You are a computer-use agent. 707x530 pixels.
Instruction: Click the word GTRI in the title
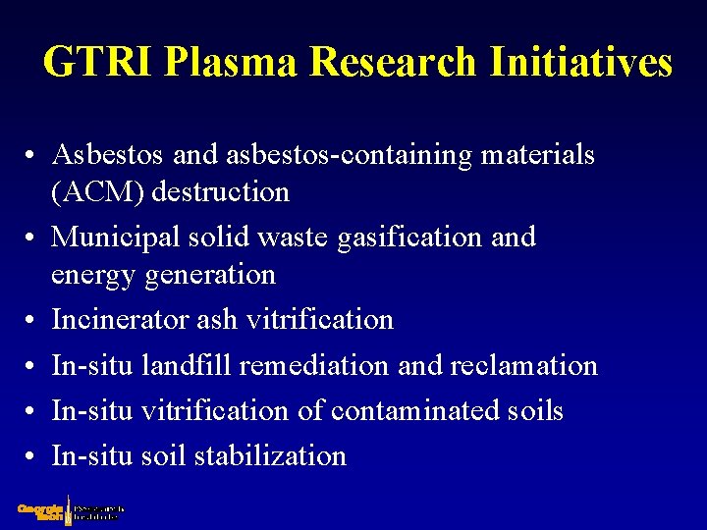97,62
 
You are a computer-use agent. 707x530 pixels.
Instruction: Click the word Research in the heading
392,62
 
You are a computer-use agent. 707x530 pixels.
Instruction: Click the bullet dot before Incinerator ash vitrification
32,321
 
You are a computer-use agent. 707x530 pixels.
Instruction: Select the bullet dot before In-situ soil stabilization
32,457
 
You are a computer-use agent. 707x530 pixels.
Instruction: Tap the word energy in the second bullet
94,276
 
